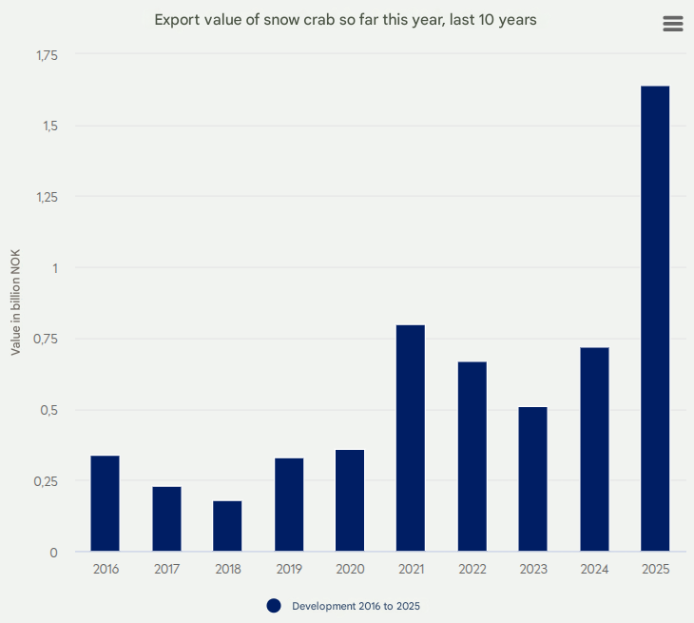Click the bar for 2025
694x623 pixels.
[655, 319]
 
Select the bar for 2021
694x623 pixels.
[410, 438]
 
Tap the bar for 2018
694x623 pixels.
[227, 526]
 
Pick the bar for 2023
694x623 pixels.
[532, 479]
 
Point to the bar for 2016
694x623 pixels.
[105, 504]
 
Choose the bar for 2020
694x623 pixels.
[350, 500]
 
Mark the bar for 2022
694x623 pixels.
[472, 457]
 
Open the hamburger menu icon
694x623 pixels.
[673, 25]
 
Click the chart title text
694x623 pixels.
[346, 20]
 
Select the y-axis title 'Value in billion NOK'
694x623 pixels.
[15, 302]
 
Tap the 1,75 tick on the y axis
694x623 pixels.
[47, 56]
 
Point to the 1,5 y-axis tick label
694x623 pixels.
[49, 127]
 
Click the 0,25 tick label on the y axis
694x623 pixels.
[47, 481]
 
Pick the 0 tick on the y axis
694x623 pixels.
[53, 553]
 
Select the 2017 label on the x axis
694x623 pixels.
[166, 570]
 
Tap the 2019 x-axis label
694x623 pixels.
[289, 570]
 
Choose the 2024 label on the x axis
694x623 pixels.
[594, 570]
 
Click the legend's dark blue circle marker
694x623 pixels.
[274, 606]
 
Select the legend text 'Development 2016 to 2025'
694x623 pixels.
[356, 606]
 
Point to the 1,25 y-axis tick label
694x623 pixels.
[47, 198]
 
